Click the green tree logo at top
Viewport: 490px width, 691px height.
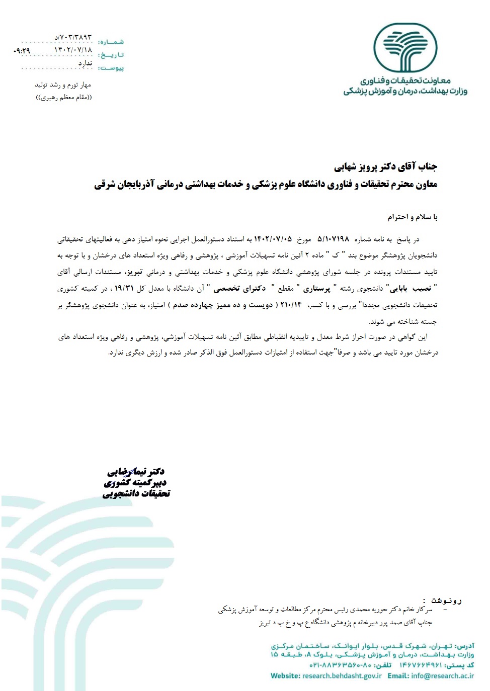(x=405, y=48)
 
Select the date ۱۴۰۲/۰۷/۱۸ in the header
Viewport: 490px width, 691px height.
(x=73, y=50)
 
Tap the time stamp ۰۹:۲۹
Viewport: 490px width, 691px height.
(x=22, y=51)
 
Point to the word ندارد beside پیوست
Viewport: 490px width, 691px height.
(x=85, y=63)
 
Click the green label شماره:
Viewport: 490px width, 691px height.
(x=111, y=42)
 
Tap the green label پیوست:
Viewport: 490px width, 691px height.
(x=111, y=68)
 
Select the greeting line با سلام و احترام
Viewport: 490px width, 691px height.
(x=412, y=217)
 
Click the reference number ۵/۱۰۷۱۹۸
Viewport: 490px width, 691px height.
(x=333, y=239)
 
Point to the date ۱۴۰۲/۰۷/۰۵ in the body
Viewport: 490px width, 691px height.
(x=273, y=239)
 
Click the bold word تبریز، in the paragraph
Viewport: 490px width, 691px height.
(x=134, y=272)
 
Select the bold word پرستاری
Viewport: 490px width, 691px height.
(x=316, y=288)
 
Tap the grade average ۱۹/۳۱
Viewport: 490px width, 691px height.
(x=124, y=288)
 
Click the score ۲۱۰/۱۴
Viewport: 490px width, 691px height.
(x=291, y=305)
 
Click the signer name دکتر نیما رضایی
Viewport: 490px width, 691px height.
(x=136, y=472)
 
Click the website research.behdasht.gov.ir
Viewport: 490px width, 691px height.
(x=342, y=676)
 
